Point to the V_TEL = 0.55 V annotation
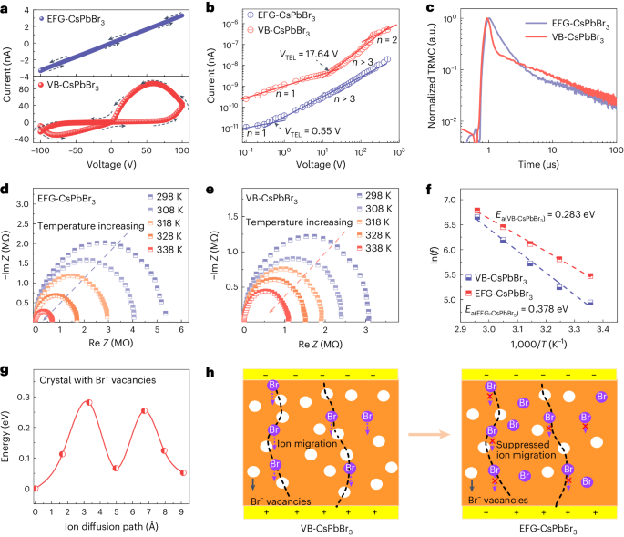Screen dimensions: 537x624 click(x=292, y=131)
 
